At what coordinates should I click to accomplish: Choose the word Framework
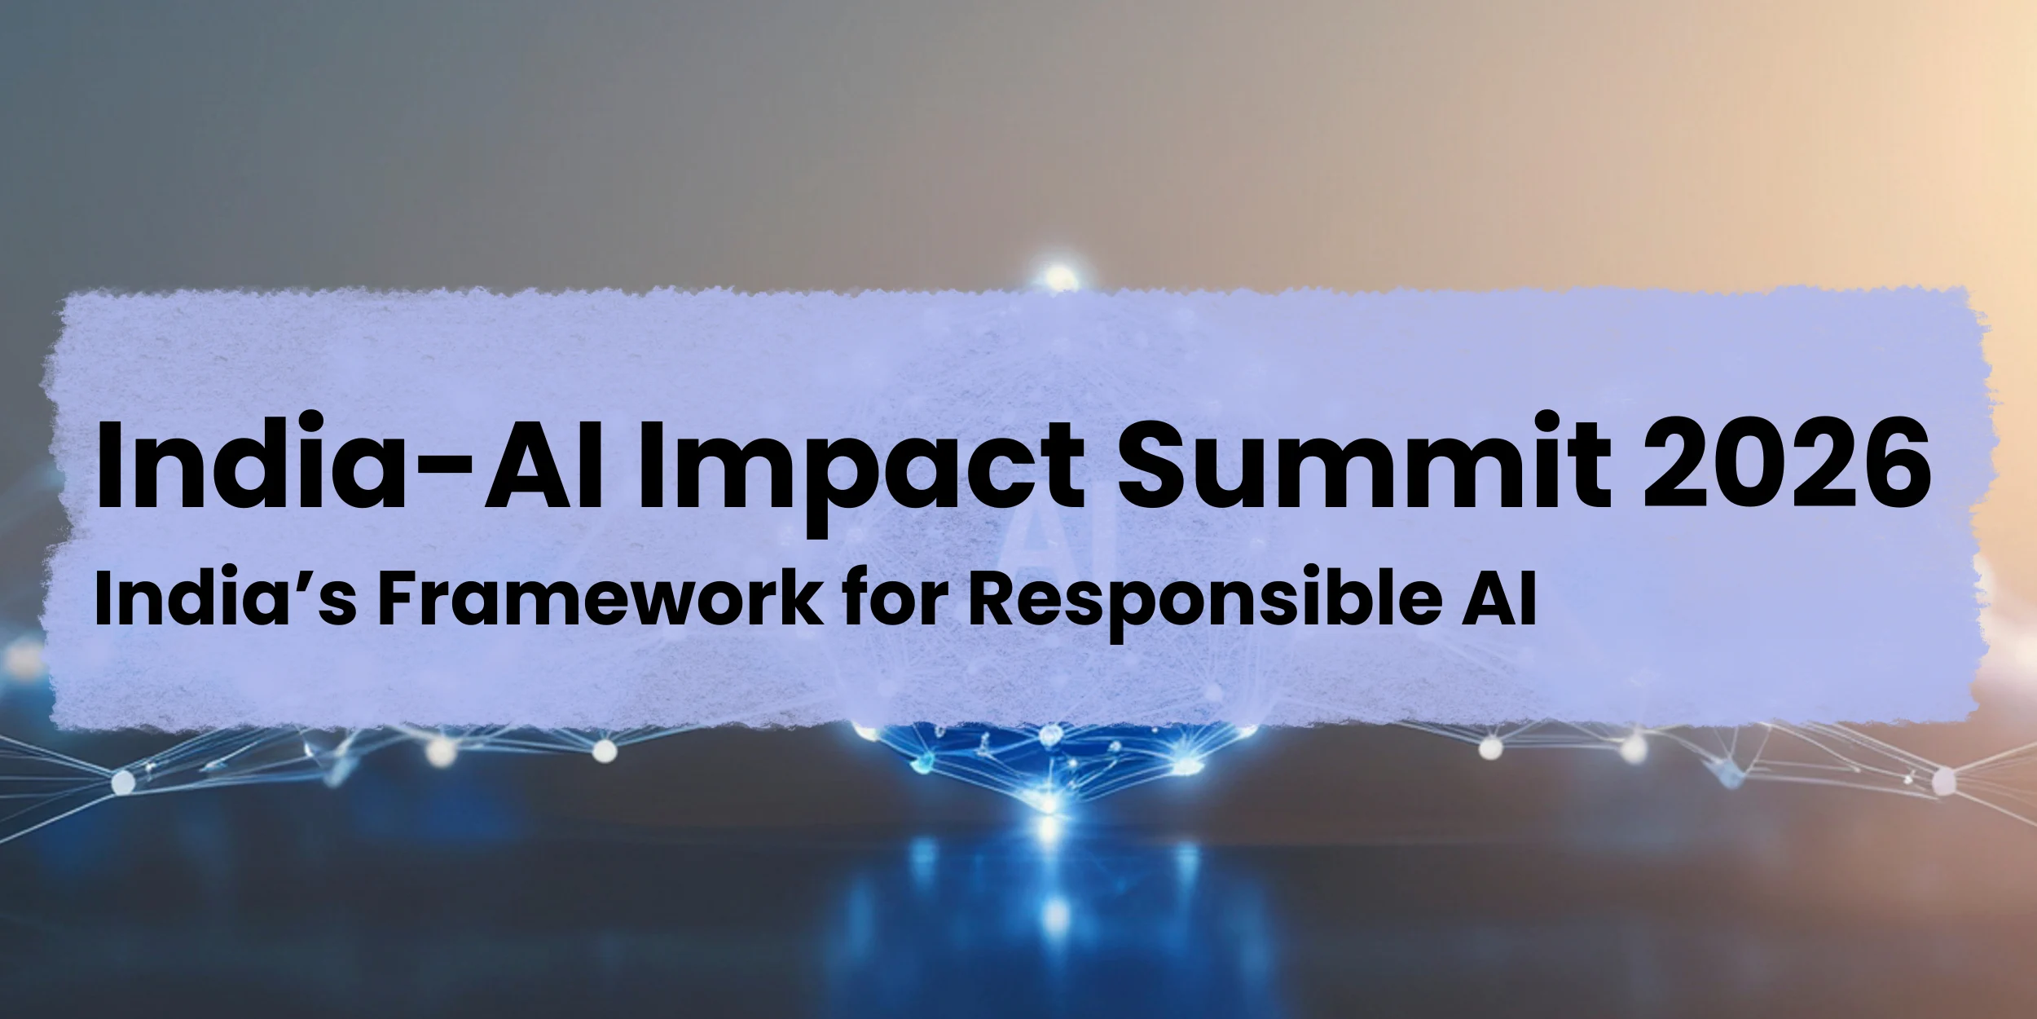[599, 599]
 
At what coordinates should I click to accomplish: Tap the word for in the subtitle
[895, 599]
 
